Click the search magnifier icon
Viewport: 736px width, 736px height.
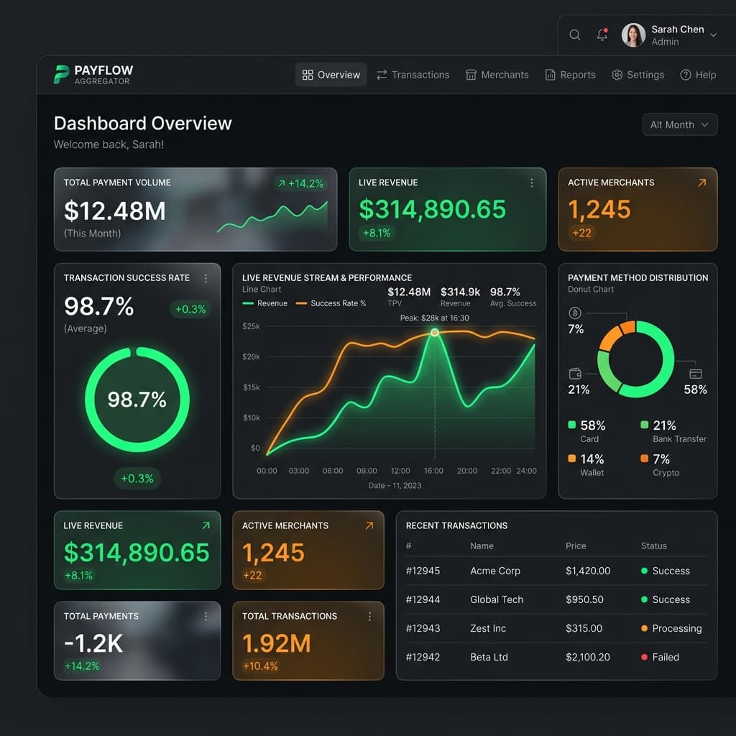pyautogui.click(x=574, y=34)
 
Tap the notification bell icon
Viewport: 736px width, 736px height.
pyautogui.click(x=602, y=34)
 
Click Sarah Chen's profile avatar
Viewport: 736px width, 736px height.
pyautogui.click(x=634, y=34)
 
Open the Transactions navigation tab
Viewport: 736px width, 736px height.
pyautogui.click(x=413, y=75)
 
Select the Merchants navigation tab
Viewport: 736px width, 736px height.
pyautogui.click(x=497, y=75)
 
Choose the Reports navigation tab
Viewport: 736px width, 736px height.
pyautogui.click(x=570, y=75)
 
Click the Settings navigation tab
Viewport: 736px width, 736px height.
pyautogui.click(x=638, y=75)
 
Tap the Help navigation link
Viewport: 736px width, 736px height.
pyautogui.click(x=698, y=75)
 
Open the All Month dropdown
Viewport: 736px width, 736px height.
pyautogui.click(x=680, y=124)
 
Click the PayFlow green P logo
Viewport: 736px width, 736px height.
pyautogui.click(x=61, y=74)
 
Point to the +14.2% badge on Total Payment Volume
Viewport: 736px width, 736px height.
pyautogui.click(x=301, y=183)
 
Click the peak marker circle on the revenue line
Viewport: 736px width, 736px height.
pyautogui.click(x=435, y=332)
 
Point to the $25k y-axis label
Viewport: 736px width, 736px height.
pyautogui.click(x=251, y=326)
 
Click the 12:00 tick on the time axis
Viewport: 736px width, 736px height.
pyautogui.click(x=400, y=471)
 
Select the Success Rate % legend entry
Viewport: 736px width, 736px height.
pyautogui.click(x=331, y=303)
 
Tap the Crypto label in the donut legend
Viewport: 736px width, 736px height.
pyautogui.click(x=666, y=473)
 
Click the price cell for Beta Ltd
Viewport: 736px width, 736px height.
pyautogui.click(x=588, y=657)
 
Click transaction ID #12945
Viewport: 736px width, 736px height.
pyautogui.click(x=423, y=571)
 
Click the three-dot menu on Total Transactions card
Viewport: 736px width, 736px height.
pyautogui.click(x=370, y=616)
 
